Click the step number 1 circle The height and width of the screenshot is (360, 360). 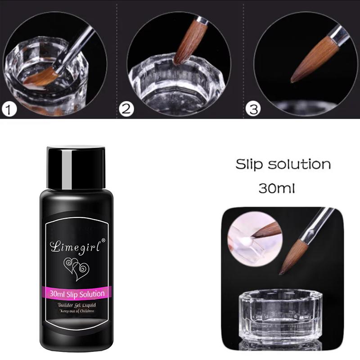click(x=9, y=109)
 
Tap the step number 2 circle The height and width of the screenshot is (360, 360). click(x=126, y=108)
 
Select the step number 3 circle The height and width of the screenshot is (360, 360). click(x=253, y=109)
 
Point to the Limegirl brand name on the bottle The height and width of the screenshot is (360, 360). click(x=76, y=246)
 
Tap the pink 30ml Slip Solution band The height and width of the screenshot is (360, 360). click(x=76, y=293)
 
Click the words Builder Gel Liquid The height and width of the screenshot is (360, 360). click(x=76, y=305)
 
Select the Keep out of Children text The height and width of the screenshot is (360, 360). click(x=76, y=311)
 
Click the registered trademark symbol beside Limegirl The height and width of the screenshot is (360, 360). click(x=103, y=240)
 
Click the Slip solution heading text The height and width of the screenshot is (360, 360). click(x=283, y=164)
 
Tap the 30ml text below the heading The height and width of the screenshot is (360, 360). click(x=277, y=188)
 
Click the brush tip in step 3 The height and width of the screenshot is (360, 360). click(x=292, y=81)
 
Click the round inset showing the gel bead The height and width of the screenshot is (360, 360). click(x=255, y=239)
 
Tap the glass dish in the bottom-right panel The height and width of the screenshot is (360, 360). click(x=280, y=315)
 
